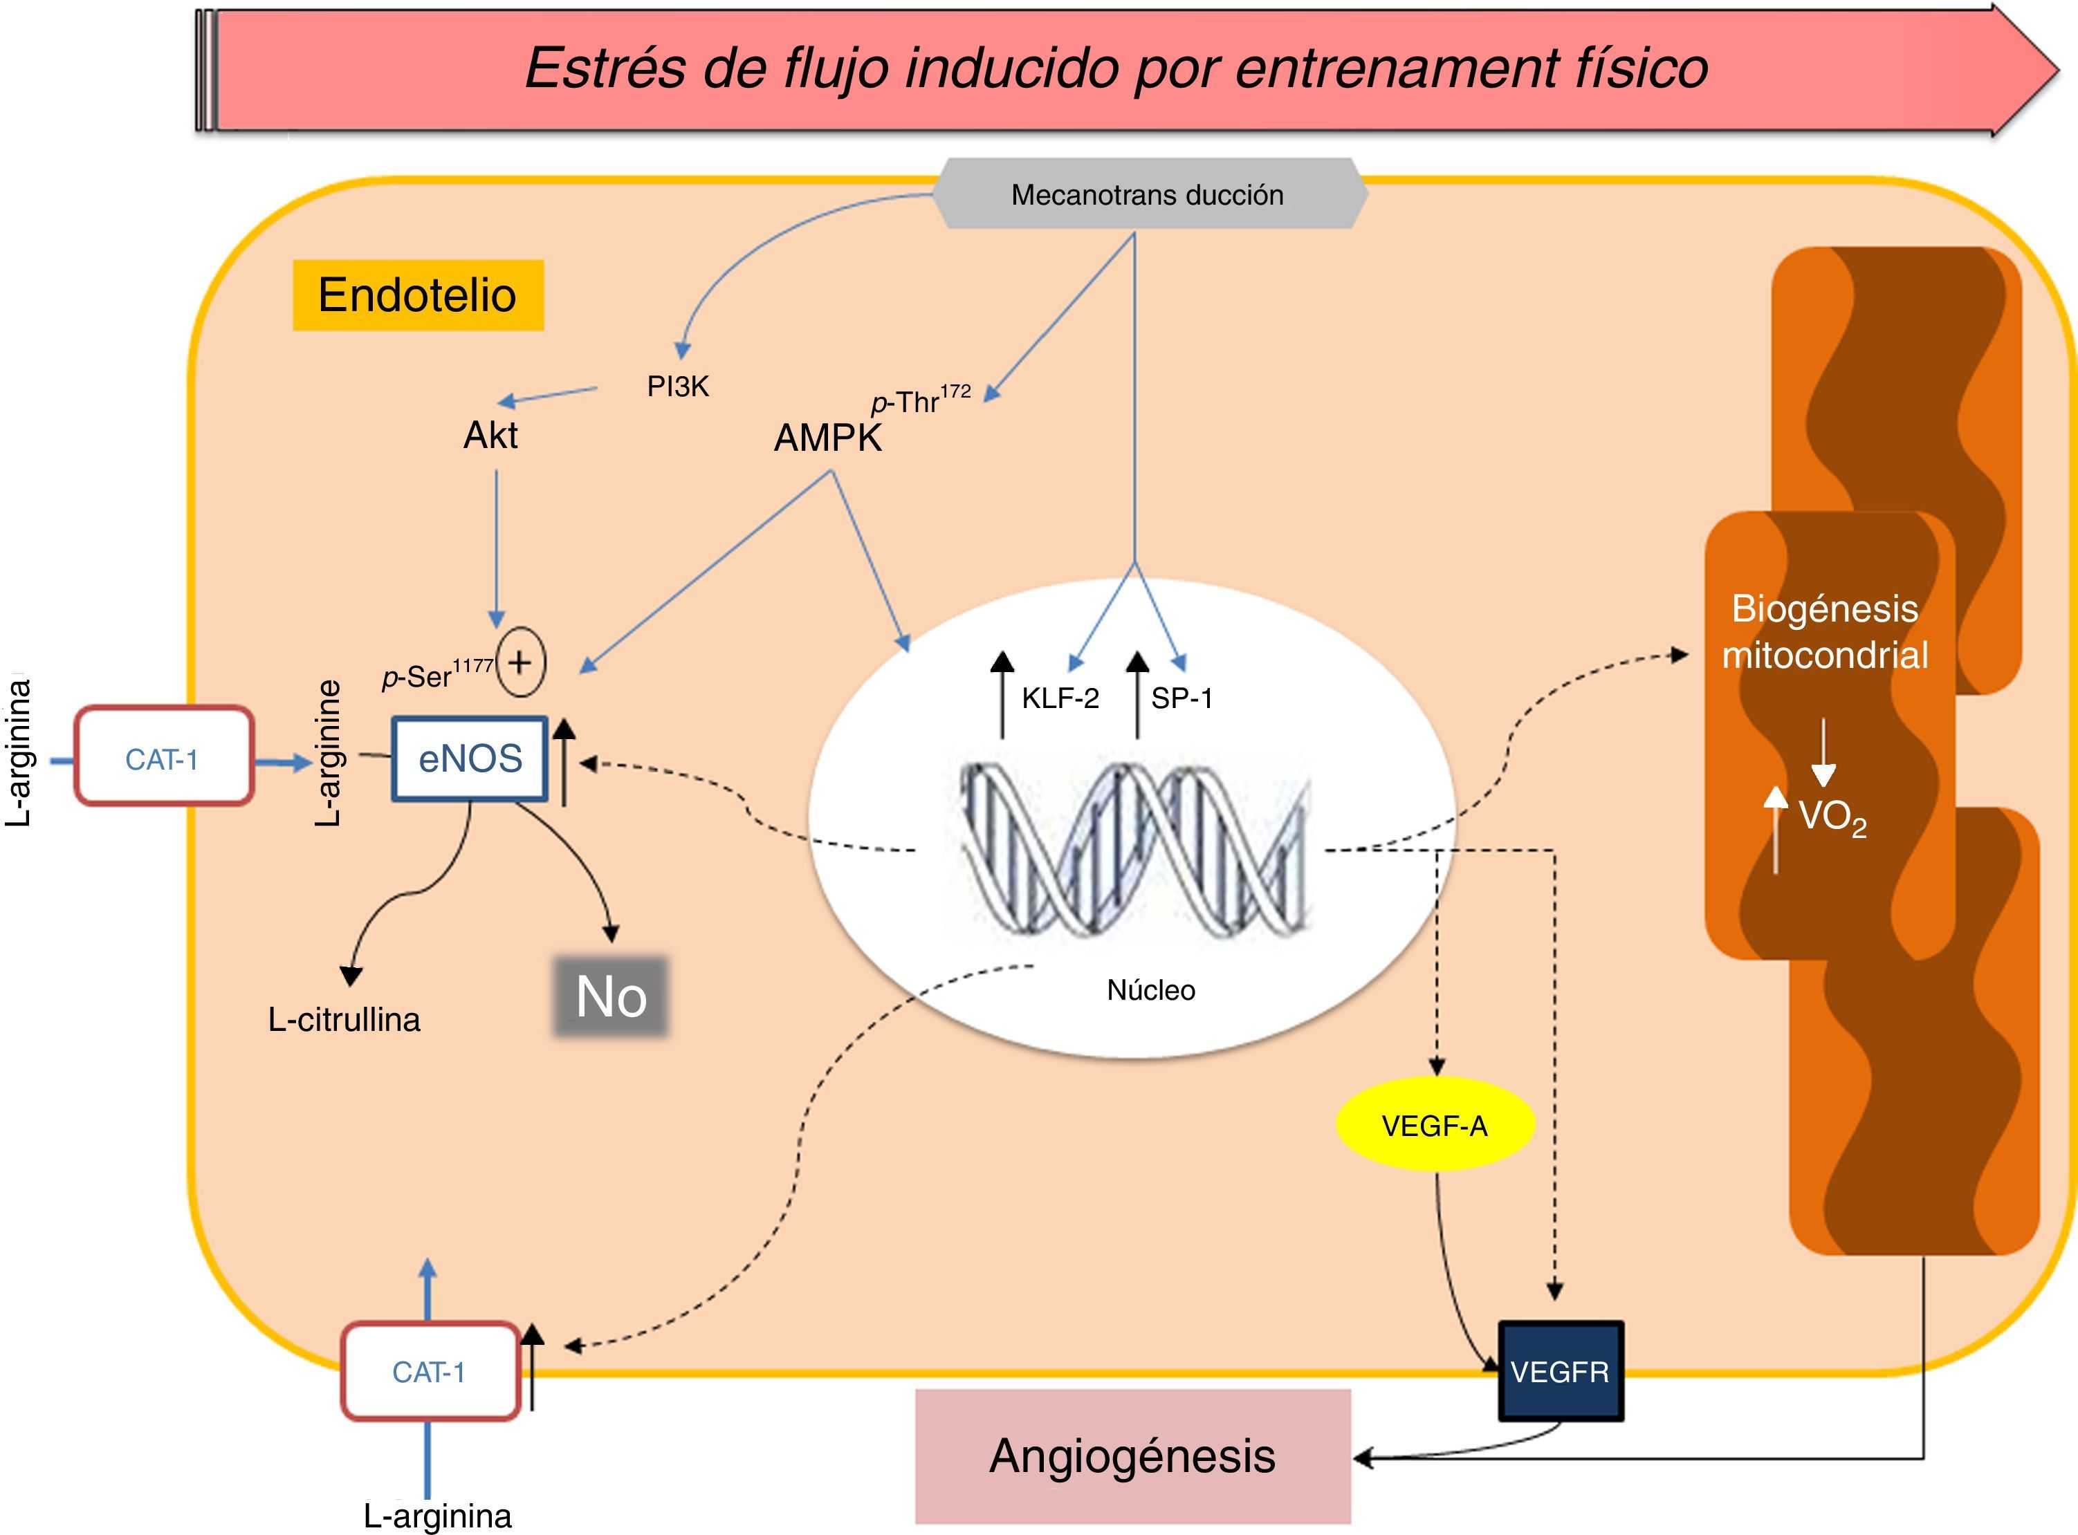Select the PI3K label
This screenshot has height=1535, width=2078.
tap(677, 387)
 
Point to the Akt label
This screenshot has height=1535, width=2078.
tap(490, 435)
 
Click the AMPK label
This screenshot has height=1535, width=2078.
tap(827, 438)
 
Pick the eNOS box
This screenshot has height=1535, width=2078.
tap(470, 759)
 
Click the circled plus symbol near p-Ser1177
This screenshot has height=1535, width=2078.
tap(520, 662)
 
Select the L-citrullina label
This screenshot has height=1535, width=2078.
tap(344, 1019)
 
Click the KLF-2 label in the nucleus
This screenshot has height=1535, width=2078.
tap(1060, 698)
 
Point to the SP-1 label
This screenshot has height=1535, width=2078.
tap(1181, 698)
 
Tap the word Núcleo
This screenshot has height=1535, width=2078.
tap(1150, 989)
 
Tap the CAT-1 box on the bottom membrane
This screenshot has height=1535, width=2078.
tap(430, 1371)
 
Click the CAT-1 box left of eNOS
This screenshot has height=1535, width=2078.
tap(163, 759)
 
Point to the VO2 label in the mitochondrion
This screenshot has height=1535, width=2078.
tap(1832, 818)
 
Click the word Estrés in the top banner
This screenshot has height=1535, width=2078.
tap(604, 68)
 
